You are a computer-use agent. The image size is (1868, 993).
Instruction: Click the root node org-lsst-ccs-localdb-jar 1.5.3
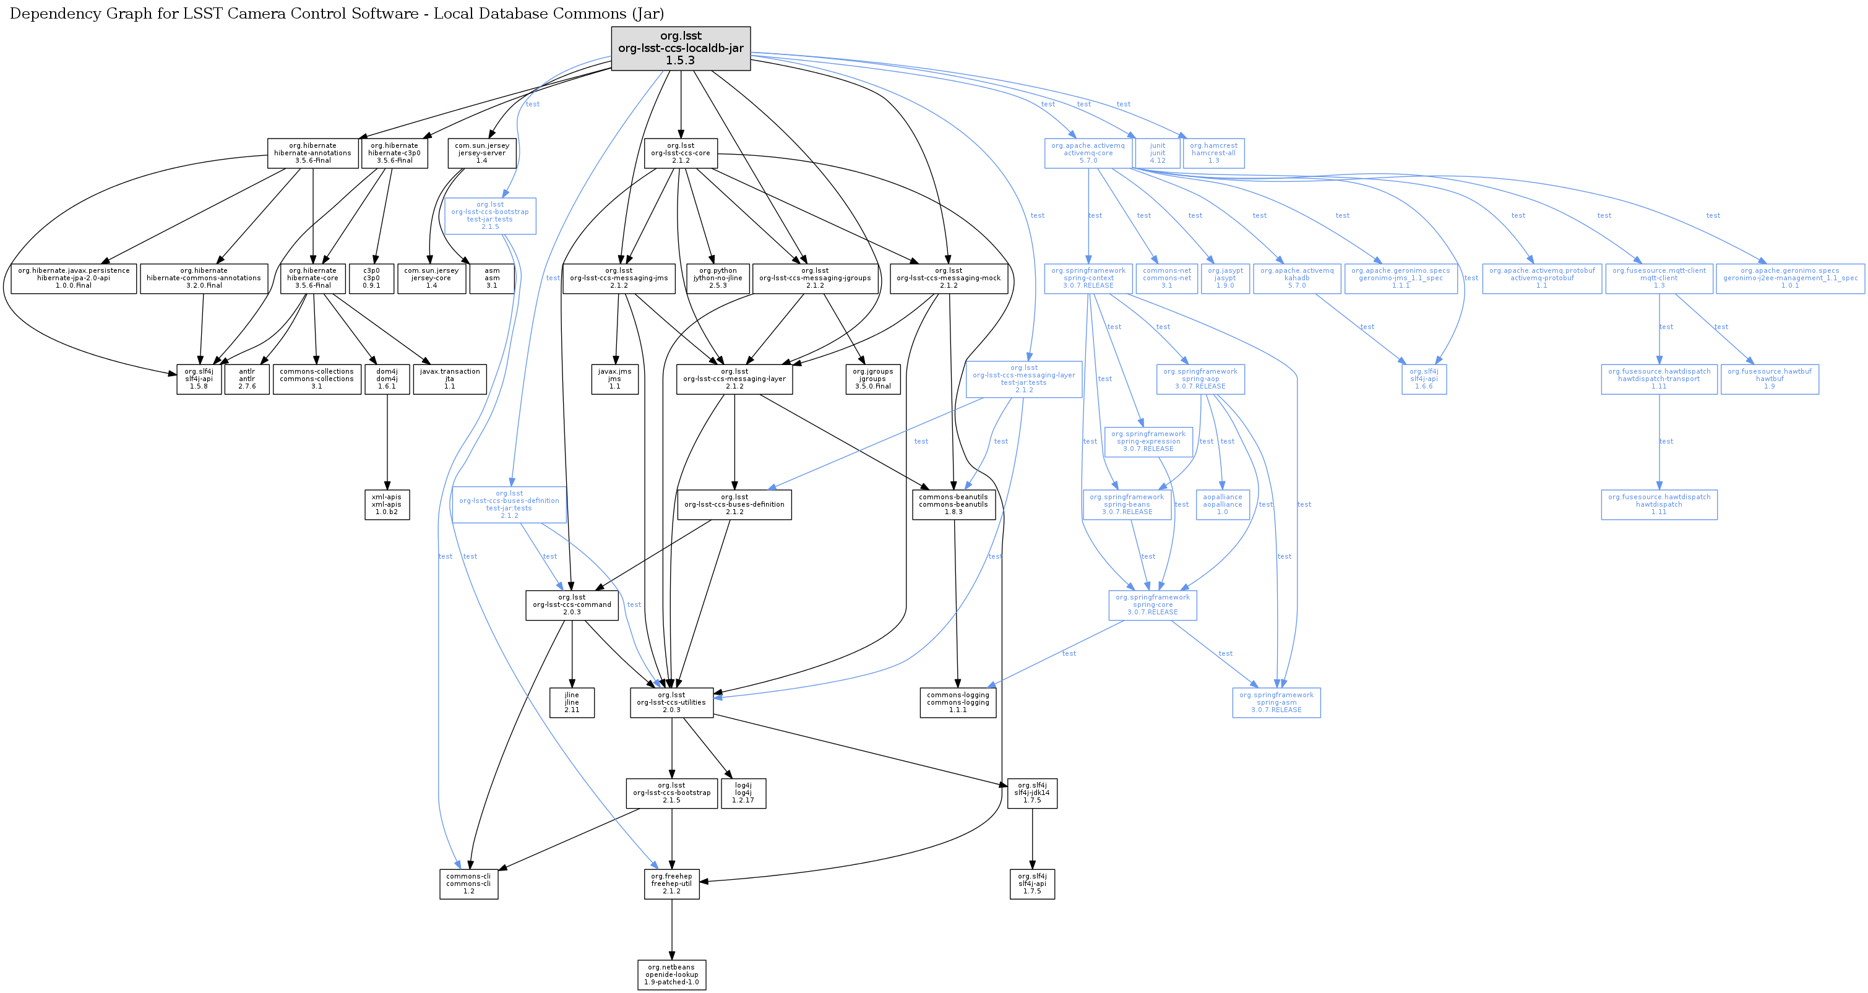(x=680, y=49)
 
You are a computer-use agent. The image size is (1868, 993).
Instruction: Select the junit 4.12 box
(x=1157, y=153)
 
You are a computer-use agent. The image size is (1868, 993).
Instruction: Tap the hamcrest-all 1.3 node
(x=1213, y=153)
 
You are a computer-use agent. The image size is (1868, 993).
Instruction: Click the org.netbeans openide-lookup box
(x=671, y=975)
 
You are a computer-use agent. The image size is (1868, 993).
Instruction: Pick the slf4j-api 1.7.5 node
(x=1032, y=883)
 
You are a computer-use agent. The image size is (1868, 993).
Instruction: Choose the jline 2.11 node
(x=572, y=702)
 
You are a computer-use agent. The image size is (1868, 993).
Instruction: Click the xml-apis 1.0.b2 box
(x=387, y=504)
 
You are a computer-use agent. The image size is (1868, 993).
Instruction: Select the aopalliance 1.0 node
(x=1222, y=504)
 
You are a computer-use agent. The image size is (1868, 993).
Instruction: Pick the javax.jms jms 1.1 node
(x=614, y=379)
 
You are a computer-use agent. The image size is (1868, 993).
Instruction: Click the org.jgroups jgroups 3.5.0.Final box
(x=872, y=379)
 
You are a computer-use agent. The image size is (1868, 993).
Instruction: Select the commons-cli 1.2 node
(x=468, y=883)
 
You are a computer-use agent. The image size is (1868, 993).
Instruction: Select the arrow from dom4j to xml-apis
(x=387, y=442)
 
